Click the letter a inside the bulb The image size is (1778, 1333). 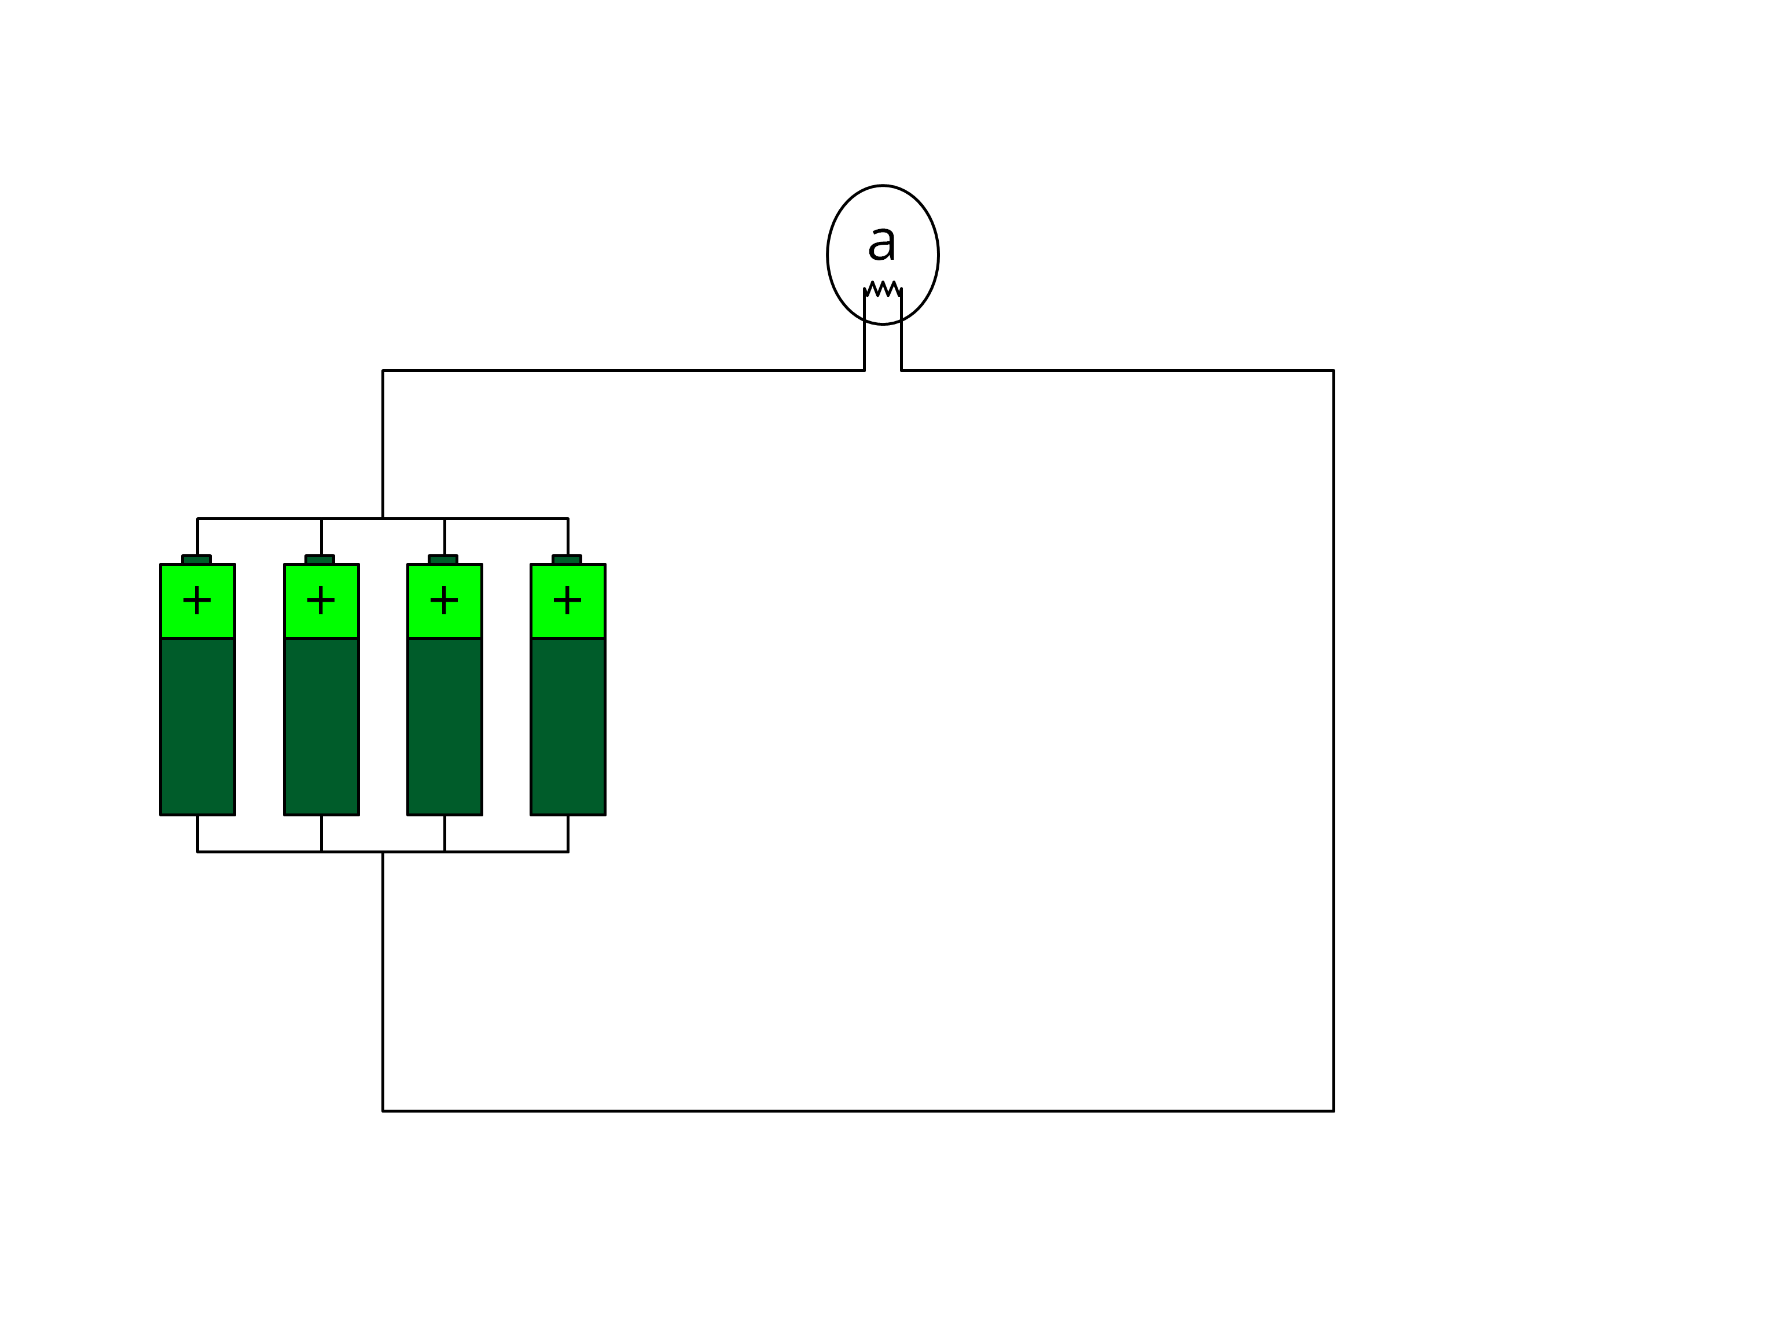point(882,242)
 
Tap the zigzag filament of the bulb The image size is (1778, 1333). point(883,289)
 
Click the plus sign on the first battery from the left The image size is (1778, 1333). point(197,600)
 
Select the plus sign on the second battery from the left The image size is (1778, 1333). point(321,600)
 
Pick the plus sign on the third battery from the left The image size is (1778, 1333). point(444,600)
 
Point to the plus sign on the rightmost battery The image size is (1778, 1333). point(567,600)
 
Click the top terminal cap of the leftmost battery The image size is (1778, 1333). point(196,559)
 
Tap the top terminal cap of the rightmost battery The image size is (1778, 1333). point(567,559)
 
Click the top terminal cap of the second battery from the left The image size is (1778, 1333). point(320,559)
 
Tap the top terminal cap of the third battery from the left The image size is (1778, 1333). point(443,559)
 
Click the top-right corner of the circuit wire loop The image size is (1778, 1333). point(1333,370)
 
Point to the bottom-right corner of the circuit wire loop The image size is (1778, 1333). point(1333,1111)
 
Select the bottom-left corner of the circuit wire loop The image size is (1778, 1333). point(383,1111)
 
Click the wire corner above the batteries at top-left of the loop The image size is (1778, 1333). point(383,370)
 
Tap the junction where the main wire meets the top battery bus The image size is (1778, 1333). point(383,518)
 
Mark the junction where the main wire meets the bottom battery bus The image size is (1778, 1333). point(383,852)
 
